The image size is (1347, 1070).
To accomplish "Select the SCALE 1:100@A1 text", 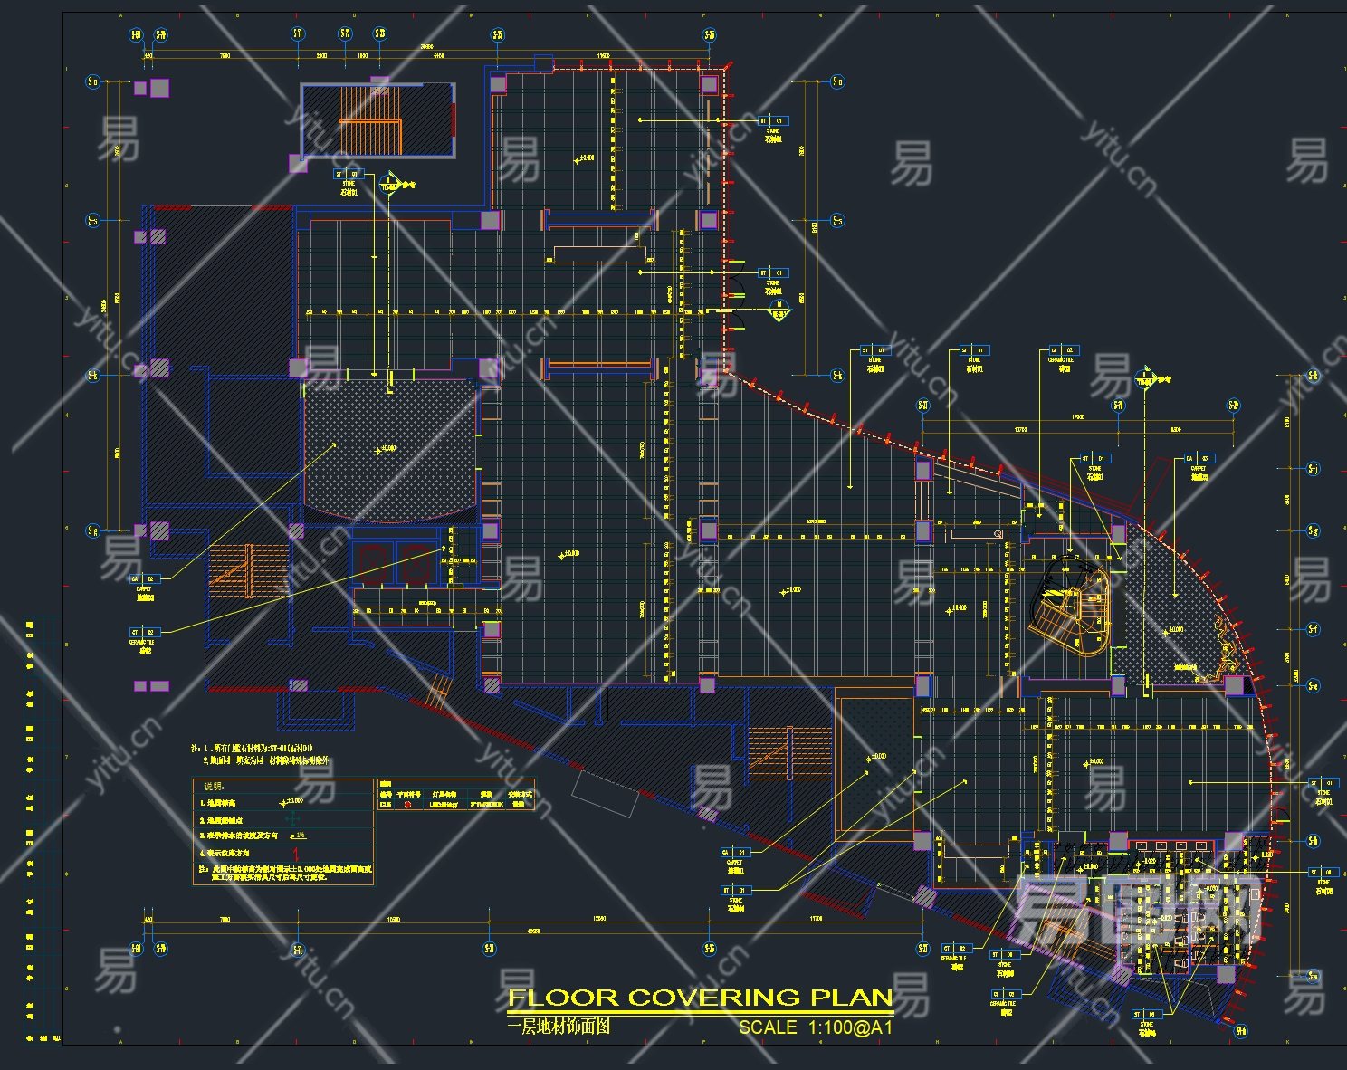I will (816, 1027).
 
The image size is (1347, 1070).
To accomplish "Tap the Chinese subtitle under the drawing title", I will (559, 1027).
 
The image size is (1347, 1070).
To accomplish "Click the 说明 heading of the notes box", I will (214, 786).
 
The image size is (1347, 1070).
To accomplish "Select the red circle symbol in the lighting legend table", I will (407, 804).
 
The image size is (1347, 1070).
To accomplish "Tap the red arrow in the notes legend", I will (296, 853).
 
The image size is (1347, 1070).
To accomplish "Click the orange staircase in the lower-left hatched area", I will (232, 570).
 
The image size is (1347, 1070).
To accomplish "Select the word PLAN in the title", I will (851, 998).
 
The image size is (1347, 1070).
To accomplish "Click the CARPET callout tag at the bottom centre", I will (734, 853).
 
